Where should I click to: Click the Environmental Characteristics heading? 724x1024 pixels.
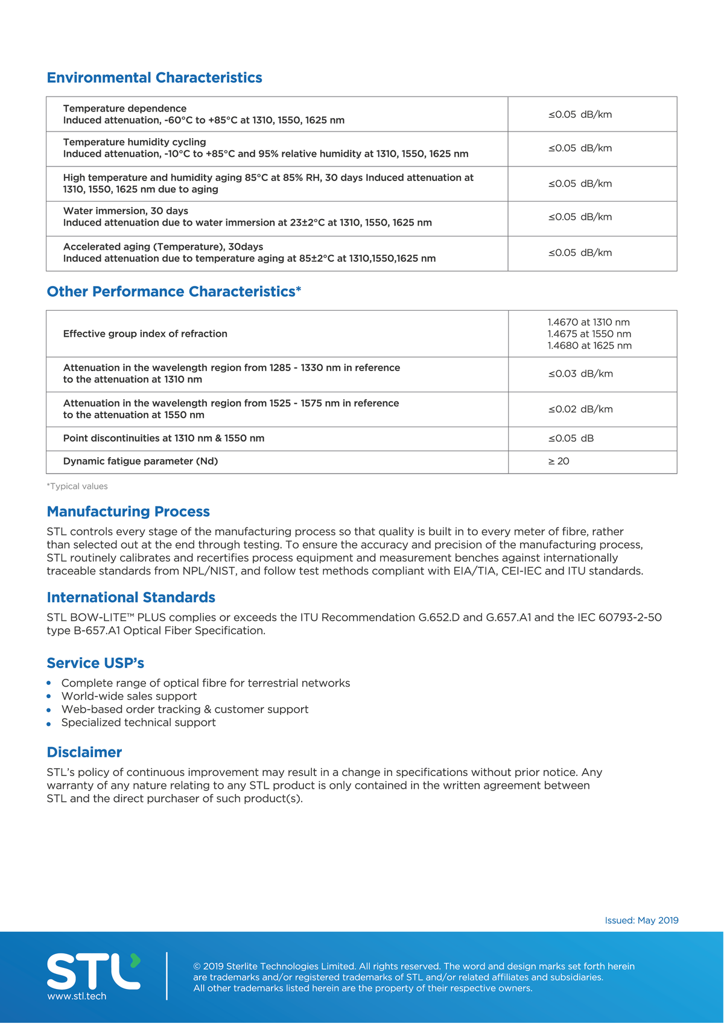click(154, 78)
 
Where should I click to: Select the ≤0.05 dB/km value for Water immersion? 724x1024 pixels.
click(580, 217)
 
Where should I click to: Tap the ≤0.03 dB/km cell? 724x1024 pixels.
click(580, 374)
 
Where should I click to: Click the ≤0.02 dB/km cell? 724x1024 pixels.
click(580, 409)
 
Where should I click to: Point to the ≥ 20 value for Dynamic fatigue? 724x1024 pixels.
click(559, 461)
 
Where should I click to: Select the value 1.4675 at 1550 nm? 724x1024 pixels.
click(589, 334)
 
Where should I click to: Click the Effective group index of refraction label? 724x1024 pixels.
click(145, 334)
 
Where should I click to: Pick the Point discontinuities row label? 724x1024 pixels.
click(164, 438)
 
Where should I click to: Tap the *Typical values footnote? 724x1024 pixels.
click(77, 486)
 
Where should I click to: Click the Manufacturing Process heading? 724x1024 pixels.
click(129, 512)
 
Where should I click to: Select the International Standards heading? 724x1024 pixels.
click(131, 597)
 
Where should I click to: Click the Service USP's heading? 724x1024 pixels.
click(95, 663)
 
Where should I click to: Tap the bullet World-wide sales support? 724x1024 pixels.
click(129, 696)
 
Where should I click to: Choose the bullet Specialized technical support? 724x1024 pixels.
click(138, 722)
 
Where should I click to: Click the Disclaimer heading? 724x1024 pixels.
click(84, 752)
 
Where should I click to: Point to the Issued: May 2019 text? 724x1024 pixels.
click(641, 920)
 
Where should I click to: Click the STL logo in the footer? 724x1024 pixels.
click(94, 971)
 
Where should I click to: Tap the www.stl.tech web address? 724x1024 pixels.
click(77, 996)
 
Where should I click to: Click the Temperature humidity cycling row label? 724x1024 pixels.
click(135, 142)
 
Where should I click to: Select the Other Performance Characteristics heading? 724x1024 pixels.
click(174, 292)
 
